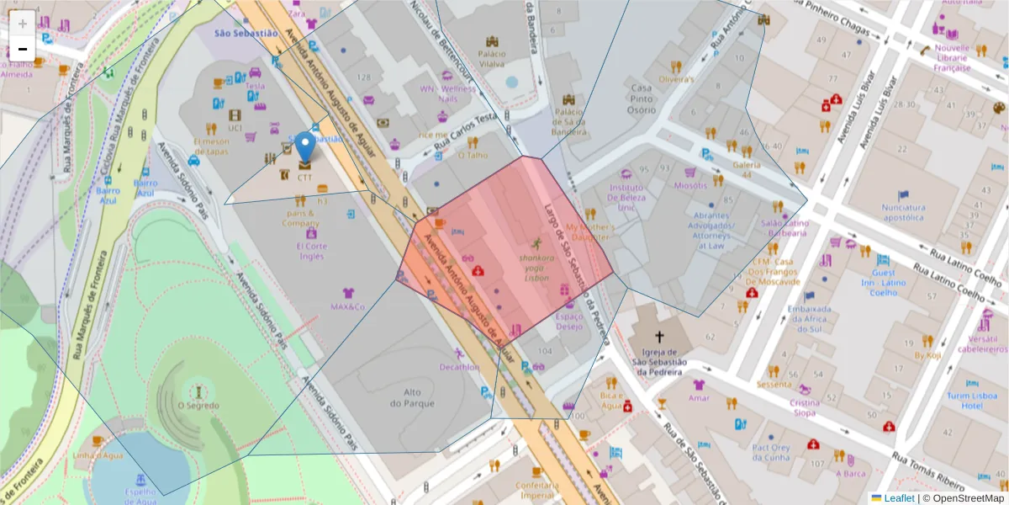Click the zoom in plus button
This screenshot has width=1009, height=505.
click(23, 23)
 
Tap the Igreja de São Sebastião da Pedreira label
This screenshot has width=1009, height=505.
click(660, 362)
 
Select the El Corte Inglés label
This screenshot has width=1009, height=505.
click(311, 251)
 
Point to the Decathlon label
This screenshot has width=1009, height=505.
click(459, 367)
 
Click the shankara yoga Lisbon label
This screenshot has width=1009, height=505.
click(535, 268)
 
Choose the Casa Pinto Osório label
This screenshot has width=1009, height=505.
click(642, 98)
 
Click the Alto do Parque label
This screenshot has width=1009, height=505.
click(418, 398)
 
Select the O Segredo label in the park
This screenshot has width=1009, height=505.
click(198, 406)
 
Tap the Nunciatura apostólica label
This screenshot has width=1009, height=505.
click(903, 212)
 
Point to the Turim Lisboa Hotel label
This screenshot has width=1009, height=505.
click(971, 401)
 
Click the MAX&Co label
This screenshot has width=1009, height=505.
click(347, 307)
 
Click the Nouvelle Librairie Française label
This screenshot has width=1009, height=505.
click(952, 58)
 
